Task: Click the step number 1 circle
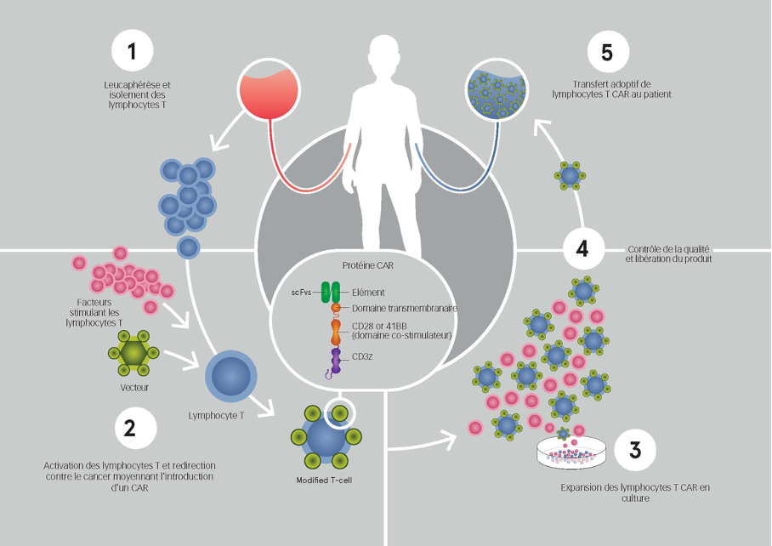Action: click(132, 51)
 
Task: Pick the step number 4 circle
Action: click(582, 249)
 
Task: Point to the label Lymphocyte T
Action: click(218, 417)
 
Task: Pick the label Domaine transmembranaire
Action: click(405, 308)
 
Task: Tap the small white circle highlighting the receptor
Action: click(340, 413)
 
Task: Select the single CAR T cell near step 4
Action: click(570, 177)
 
